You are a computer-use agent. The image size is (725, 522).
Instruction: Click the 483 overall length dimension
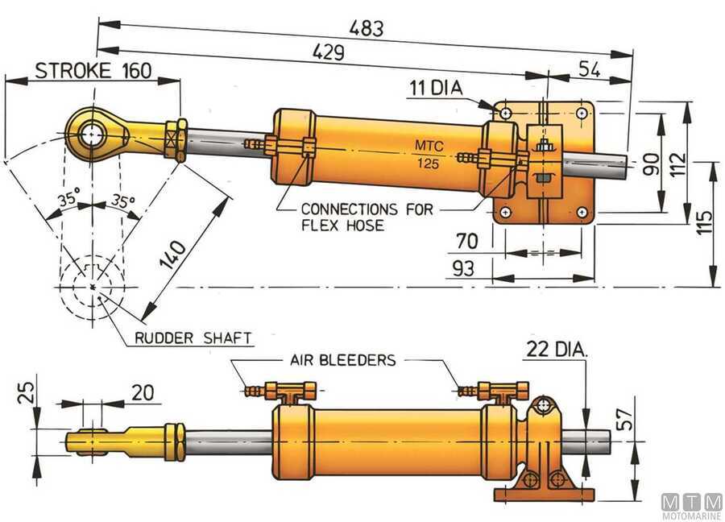[x=367, y=28]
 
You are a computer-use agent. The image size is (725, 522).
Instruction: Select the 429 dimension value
[x=329, y=52]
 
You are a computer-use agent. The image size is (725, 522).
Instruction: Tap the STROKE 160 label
[x=93, y=71]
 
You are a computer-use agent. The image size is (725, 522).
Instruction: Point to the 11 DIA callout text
[x=436, y=88]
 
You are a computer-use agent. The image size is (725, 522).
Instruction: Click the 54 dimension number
[x=590, y=69]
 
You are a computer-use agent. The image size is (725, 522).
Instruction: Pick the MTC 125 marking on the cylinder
[x=429, y=155]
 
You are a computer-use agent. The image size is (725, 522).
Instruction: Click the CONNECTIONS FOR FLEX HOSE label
[x=367, y=217]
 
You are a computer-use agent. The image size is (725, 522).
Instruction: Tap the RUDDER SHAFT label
[x=193, y=338]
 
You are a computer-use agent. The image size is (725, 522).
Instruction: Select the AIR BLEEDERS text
[x=343, y=360]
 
